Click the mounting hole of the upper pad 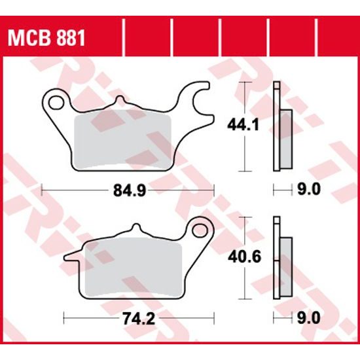(x=57, y=102)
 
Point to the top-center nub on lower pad (x=135, y=229)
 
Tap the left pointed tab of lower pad (x=69, y=257)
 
